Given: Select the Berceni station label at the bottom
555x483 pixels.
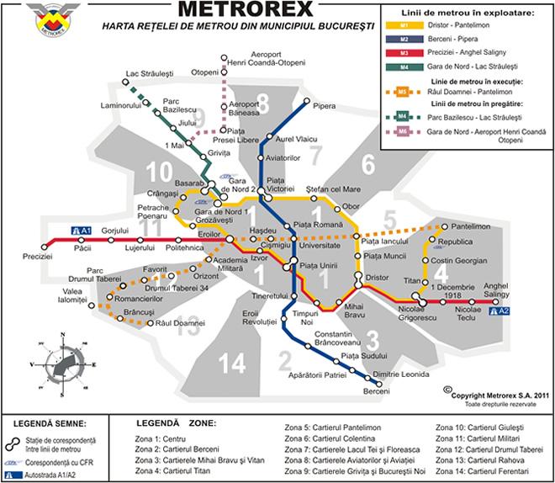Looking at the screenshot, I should coord(376,392).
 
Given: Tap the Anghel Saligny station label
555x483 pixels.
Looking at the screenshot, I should coord(496,290).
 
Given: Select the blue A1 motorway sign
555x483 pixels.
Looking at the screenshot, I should coord(82,230).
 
